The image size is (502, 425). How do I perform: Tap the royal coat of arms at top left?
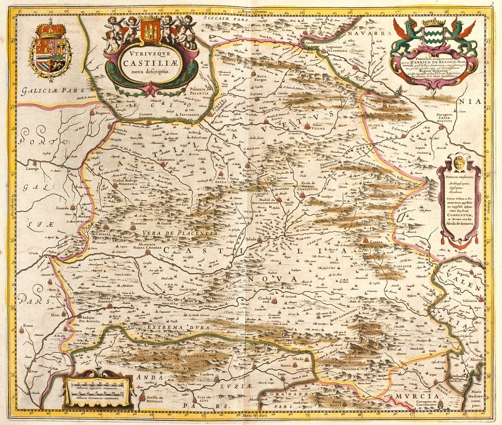(50, 49)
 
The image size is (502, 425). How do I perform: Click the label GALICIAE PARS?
(45, 91)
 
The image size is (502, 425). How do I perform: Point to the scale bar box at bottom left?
(98, 389)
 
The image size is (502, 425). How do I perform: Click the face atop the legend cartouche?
(459, 162)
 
